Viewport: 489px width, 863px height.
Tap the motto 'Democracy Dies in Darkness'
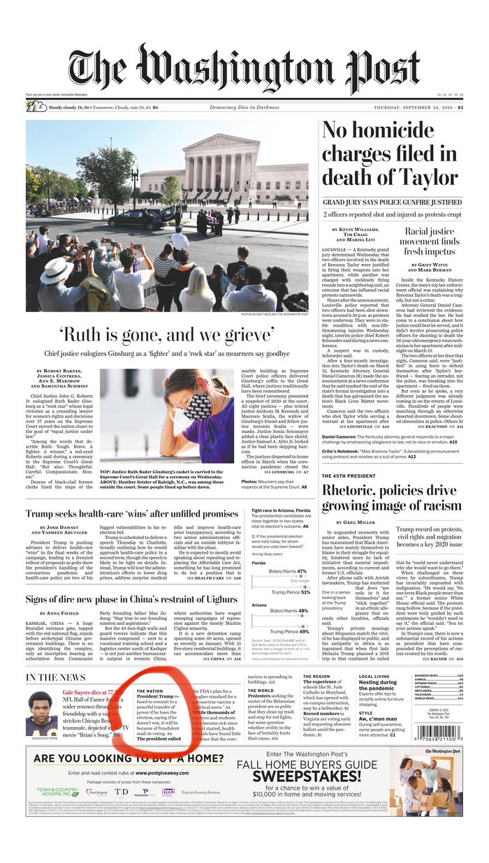point(244,107)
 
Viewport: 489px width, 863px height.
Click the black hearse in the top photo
point(133,219)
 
